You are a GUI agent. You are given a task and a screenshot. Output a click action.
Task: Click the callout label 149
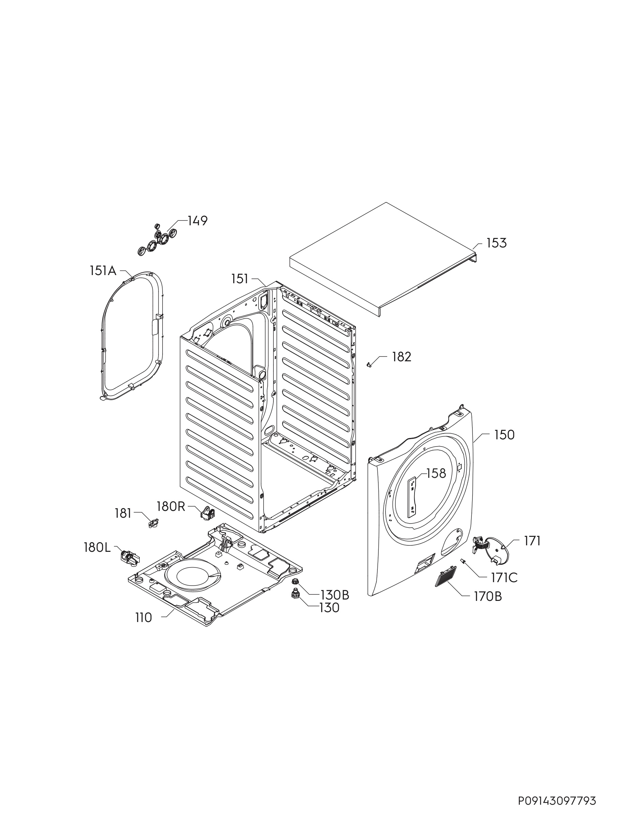point(197,221)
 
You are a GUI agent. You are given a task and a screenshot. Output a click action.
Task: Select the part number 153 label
point(496,243)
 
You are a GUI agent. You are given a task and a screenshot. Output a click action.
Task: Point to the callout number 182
point(402,357)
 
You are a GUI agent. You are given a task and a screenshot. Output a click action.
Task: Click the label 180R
point(171,506)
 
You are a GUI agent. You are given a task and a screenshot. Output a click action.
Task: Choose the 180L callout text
point(97,548)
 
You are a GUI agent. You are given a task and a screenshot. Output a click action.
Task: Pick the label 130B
point(334,595)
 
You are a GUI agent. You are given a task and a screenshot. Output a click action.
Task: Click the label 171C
point(504,578)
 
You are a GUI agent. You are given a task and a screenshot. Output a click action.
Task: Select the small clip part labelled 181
point(153,523)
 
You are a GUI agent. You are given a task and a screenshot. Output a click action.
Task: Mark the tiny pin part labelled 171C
point(463,561)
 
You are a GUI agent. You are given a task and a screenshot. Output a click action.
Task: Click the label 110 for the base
point(144,618)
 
